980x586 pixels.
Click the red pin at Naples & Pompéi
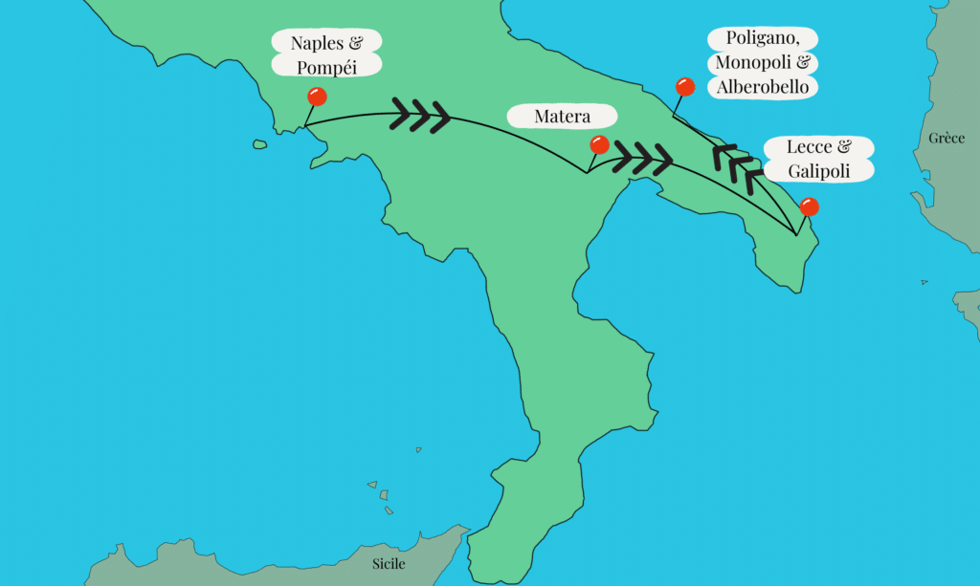coord(316,97)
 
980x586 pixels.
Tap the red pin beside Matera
coord(599,144)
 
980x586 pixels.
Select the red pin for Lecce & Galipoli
coord(809,206)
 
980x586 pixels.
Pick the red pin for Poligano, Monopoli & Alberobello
coord(684,86)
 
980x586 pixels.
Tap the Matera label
coord(562,117)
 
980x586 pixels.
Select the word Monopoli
coord(749,63)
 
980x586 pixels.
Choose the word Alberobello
coord(763,87)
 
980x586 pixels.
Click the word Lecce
coord(809,147)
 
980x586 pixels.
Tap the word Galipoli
coord(819,171)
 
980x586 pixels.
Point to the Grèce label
coord(947,139)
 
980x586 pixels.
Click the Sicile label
coord(389,563)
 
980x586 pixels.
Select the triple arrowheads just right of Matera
coord(642,157)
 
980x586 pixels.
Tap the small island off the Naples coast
coord(259,145)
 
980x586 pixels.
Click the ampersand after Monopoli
coord(802,63)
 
